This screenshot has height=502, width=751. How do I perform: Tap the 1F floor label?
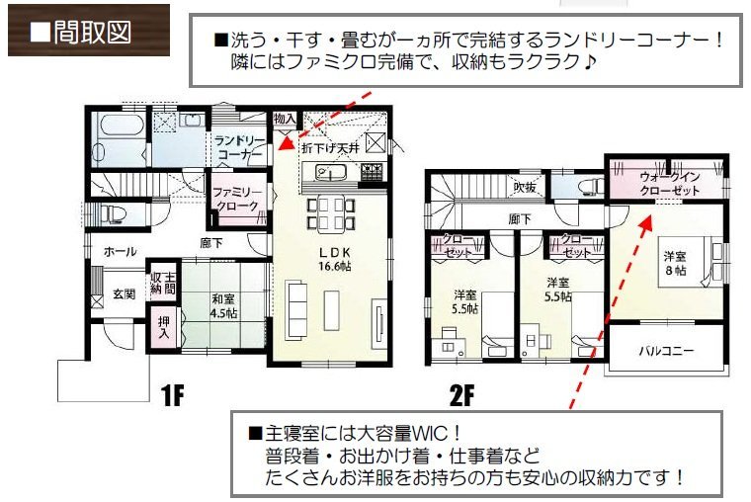click(x=172, y=397)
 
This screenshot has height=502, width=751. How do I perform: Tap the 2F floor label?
click(x=462, y=397)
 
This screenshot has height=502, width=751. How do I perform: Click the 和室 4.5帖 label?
click(x=223, y=305)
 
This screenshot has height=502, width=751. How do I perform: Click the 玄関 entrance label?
click(x=123, y=293)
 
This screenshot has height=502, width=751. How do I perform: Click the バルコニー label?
click(x=665, y=351)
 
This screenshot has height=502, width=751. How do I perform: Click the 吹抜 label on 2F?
click(x=523, y=186)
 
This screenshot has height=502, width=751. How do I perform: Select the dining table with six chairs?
click(x=331, y=211)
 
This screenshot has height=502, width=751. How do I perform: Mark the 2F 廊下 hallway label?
click(x=520, y=218)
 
